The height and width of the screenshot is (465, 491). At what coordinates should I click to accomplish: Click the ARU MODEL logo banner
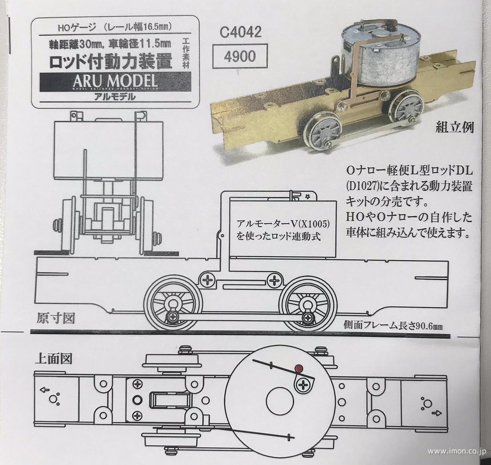(x=115, y=82)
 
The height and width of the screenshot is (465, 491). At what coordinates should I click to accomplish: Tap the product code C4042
(x=241, y=33)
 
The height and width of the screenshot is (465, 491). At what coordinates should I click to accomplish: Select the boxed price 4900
(x=240, y=57)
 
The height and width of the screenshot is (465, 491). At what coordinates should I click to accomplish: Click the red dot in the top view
(x=299, y=369)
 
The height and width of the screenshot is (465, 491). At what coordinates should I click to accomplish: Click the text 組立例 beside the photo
(x=455, y=128)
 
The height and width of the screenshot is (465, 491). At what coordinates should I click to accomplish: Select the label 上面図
(x=53, y=358)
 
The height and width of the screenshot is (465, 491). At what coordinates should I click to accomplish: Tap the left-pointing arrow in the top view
(x=43, y=390)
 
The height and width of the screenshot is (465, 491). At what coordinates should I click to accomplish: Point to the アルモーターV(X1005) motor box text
(x=279, y=230)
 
